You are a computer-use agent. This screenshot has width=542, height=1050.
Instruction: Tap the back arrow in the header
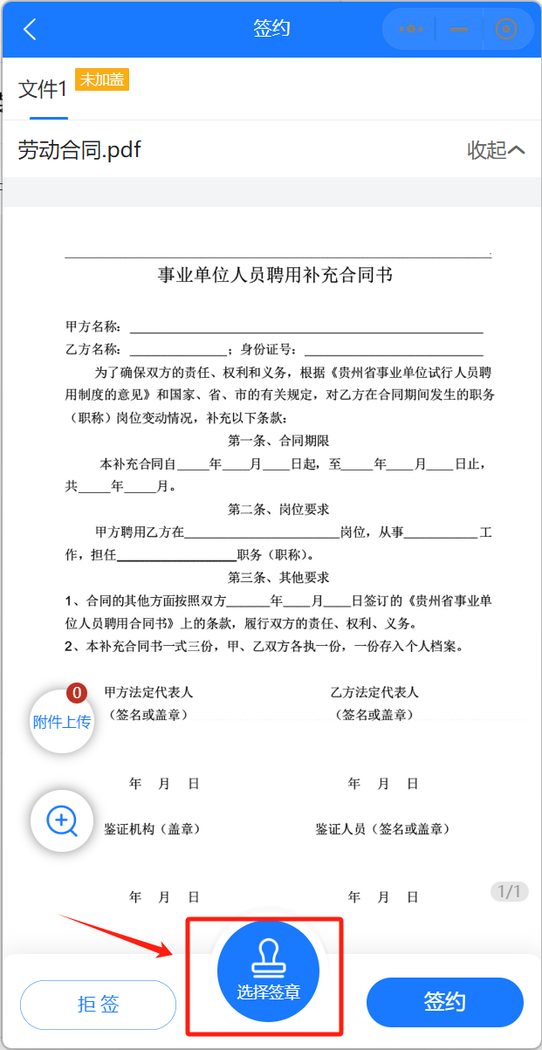[30, 29]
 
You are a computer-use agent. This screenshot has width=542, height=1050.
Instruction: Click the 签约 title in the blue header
[271, 29]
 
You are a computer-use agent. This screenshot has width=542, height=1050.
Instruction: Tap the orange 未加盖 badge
[102, 80]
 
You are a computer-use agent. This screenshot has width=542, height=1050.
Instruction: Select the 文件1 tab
[43, 89]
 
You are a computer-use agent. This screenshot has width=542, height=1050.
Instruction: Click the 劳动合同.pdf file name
[79, 150]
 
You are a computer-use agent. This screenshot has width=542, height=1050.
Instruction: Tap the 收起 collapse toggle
[496, 150]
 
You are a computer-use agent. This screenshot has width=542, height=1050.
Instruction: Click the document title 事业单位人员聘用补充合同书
[275, 276]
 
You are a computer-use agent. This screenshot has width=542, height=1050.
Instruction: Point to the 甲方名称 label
[93, 327]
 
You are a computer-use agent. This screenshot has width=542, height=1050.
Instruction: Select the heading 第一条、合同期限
[278, 441]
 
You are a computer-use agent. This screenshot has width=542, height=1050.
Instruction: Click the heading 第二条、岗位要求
[278, 509]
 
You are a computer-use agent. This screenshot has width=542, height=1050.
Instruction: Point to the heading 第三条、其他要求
[278, 578]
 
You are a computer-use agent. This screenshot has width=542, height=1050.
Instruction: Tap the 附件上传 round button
[62, 722]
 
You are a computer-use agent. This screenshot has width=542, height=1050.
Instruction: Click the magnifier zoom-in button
[62, 820]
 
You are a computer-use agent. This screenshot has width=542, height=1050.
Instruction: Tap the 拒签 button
[98, 1004]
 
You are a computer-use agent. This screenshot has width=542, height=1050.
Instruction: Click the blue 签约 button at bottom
[444, 1002]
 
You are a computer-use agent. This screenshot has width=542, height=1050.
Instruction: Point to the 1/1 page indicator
[509, 891]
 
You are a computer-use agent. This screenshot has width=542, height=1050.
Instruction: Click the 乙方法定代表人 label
[374, 692]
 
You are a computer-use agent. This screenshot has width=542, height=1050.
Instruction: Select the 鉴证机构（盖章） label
[153, 829]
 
